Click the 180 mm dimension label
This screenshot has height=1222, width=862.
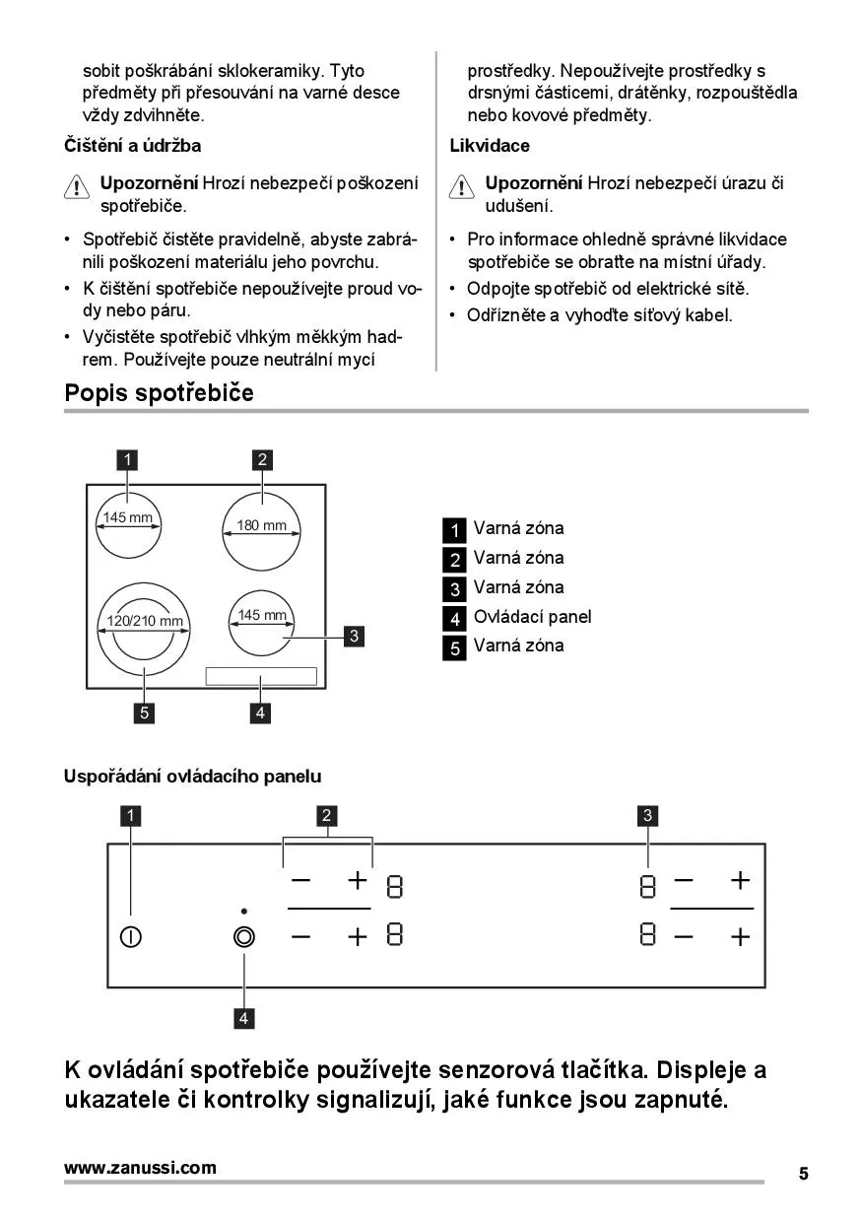pyautogui.click(x=261, y=525)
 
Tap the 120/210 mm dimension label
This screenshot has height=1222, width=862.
pyautogui.click(x=145, y=621)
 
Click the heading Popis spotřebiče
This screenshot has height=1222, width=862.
pyautogui.click(x=159, y=393)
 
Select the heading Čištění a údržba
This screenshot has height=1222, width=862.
pyautogui.click(x=132, y=146)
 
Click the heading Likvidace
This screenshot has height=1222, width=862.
pyautogui.click(x=490, y=146)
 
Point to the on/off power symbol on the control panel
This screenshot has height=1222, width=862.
pyautogui.click(x=130, y=937)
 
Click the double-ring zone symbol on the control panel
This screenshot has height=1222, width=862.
pyautogui.click(x=243, y=937)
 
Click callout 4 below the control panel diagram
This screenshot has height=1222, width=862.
pyautogui.click(x=243, y=1018)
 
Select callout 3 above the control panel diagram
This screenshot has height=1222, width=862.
pyautogui.click(x=647, y=815)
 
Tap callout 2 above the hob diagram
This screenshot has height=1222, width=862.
pyautogui.click(x=262, y=459)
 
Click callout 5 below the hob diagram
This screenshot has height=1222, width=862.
pyautogui.click(x=145, y=713)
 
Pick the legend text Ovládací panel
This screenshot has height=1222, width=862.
pyautogui.click(x=532, y=617)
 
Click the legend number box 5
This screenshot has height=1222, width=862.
pyautogui.click(x=453, y=647)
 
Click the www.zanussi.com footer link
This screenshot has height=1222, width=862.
pyautogui.click(x=140, y=1168)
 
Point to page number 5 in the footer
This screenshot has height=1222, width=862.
pyautogui.click(x=803, y=1174)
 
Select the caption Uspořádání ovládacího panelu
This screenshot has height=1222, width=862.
pyautogui.click(x=192, y=777)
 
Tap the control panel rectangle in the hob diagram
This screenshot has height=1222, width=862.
pyautogui.click(x=261, y=676)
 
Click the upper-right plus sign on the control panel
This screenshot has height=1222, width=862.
pyautogui.click(x=740, y=880)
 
